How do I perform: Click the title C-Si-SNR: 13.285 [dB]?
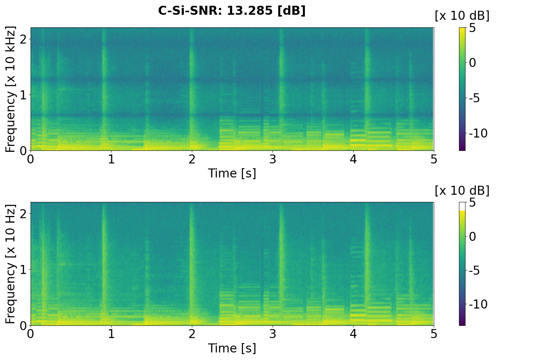232,11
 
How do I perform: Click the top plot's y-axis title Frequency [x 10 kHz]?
11,89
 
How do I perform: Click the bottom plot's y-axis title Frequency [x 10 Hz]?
11,264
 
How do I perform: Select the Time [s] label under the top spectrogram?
232,173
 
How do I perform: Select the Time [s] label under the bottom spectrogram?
232,348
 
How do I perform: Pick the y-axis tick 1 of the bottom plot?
23,270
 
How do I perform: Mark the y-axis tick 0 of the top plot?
23,150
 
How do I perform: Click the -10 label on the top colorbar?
478,133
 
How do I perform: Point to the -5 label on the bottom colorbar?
475,270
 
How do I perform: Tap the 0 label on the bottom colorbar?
472,237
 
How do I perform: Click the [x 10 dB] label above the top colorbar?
462,16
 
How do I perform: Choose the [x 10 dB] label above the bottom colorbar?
462,191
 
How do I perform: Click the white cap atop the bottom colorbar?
462,206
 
